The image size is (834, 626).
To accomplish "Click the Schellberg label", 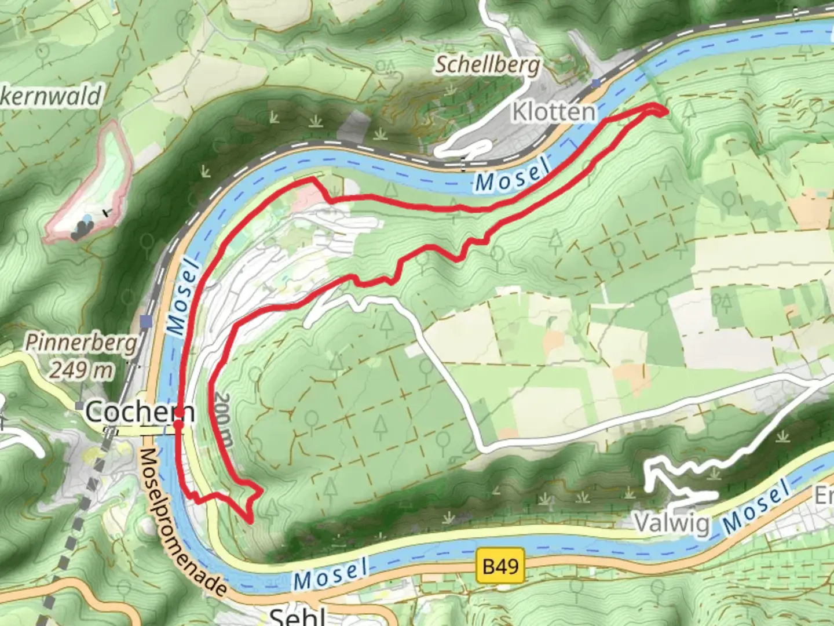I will pyautogui.click(x=487, y=65).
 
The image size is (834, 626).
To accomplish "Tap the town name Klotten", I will pyautogui.click(x=553, y=112).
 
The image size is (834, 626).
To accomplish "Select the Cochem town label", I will pyautogui.click(x=140, y=412).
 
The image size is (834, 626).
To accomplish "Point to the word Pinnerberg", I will pyautogui.click(x=81, y=343).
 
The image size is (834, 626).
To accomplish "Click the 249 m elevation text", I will pyautogui.click(x=81, y=369).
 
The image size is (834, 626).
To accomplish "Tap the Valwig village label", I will pyautogui.click(x=672, y=523).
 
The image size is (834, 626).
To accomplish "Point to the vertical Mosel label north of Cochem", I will pyautogui.click(x=184, y=297).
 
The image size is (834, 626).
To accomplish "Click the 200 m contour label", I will pyautogui.click(x=223, y=420).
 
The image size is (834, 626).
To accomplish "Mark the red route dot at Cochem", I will pyautogui.click(x=178, y=425).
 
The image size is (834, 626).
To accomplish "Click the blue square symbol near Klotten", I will pyautogui.click(x=596, y=83).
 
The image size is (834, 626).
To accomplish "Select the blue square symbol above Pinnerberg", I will pyautogui.click(x=146, y=321).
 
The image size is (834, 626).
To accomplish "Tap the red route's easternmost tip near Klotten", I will pyautogui.click(x=664, y=111).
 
